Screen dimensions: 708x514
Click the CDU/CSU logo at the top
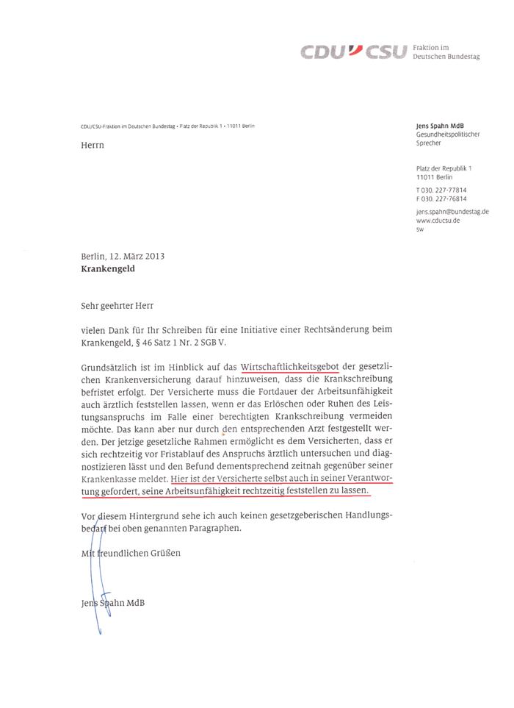click(352, 51)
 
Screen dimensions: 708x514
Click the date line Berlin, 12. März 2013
click(123, 257)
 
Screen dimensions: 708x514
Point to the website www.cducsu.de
click(439, 221)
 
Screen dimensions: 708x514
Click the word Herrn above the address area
click(93, 146)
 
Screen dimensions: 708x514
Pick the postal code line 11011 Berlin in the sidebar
click(435, 177)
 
